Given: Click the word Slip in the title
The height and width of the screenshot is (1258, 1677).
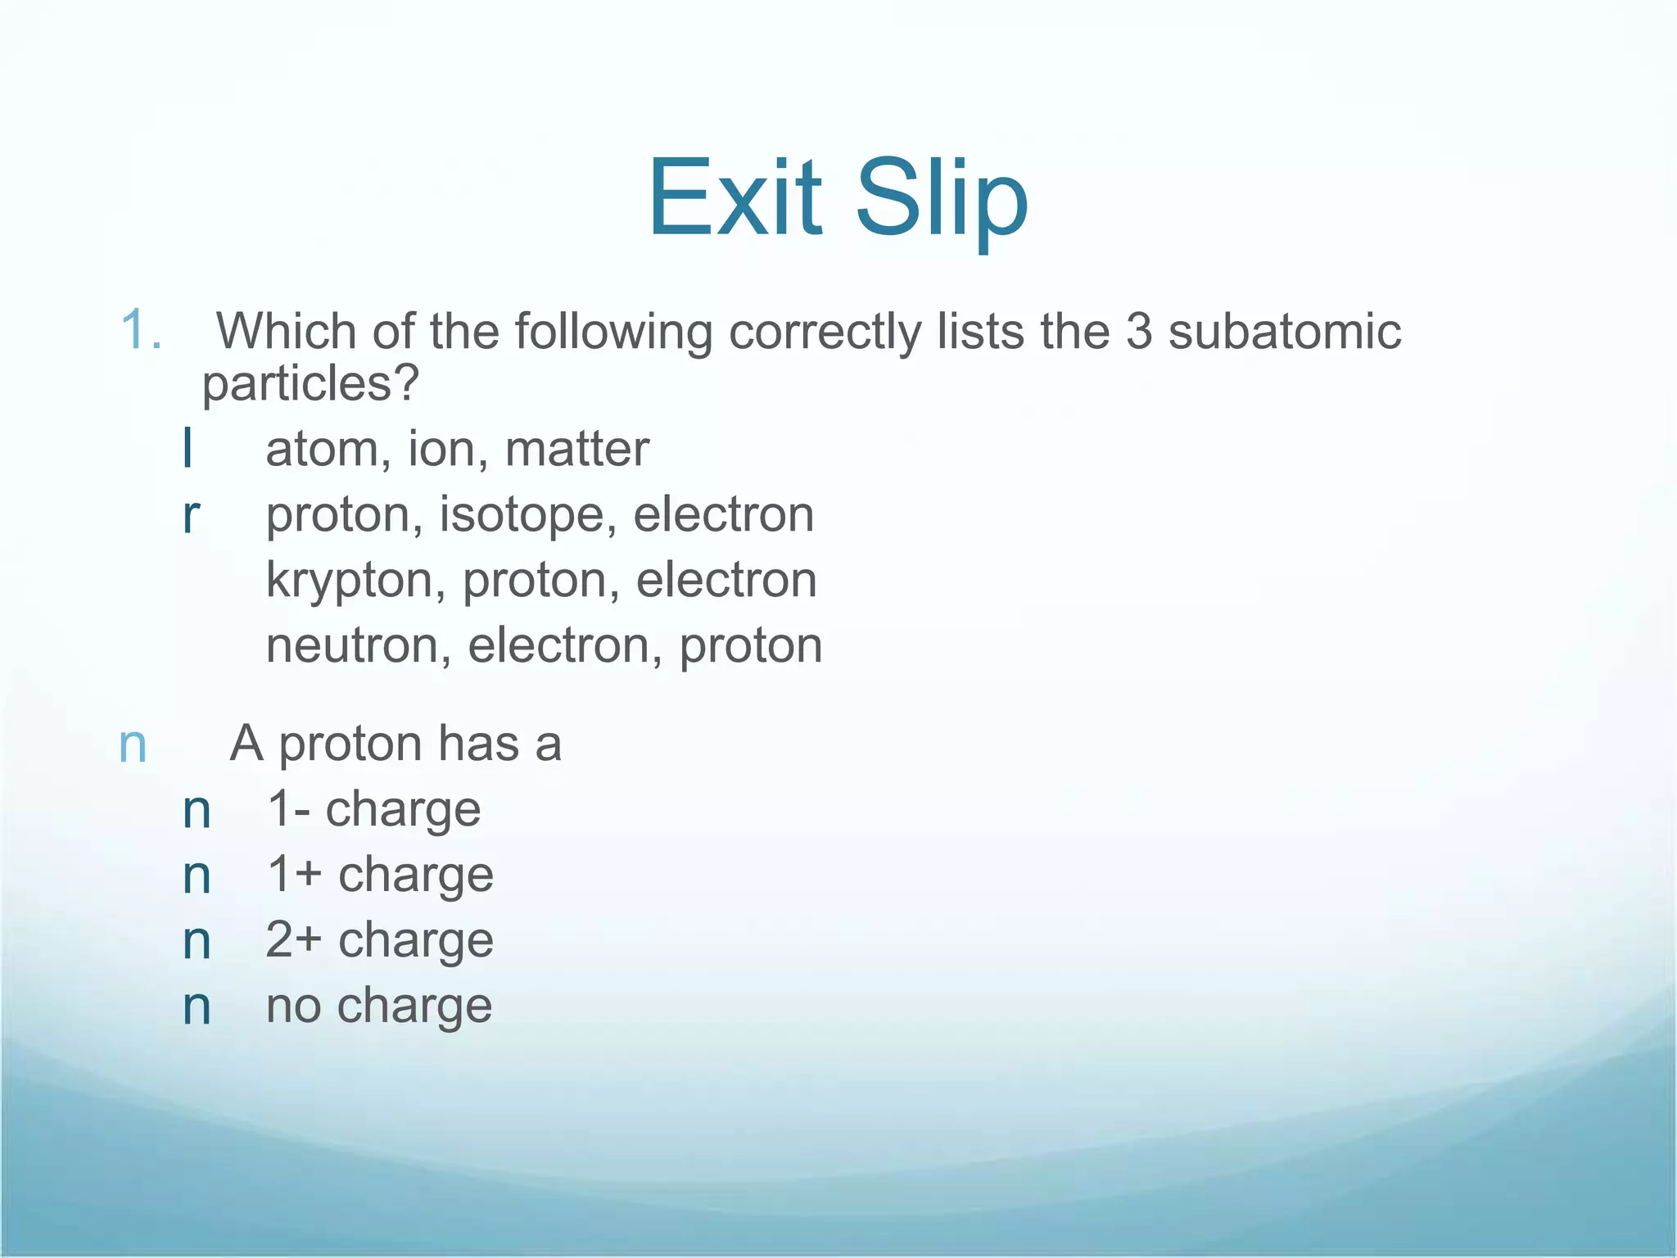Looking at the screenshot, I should click(x=942, y=199).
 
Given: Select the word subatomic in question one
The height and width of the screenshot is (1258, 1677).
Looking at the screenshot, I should click(x=1284, y=332).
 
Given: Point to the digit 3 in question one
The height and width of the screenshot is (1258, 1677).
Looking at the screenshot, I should click(x=1138, y=332).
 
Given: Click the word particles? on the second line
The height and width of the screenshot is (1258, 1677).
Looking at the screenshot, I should click(x=310, y=383).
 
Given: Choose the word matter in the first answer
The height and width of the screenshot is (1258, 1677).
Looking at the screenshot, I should click(x=576, y=450).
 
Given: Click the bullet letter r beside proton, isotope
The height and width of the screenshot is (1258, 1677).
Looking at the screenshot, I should click(x=191, y=516).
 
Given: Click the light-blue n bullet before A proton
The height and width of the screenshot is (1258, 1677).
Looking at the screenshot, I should click(x=133, y=745).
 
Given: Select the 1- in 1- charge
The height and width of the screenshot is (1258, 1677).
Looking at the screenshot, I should click(x=288, y=810).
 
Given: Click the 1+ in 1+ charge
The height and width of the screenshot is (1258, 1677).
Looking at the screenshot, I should click(x=294, y=875).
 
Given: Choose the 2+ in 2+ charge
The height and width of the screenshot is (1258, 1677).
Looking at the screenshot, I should click(x=294, y=940).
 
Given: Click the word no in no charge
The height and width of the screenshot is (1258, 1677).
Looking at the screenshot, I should click(x=293, y=1007).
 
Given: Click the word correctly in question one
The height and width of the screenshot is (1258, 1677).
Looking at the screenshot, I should click(x=825, y=332).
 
